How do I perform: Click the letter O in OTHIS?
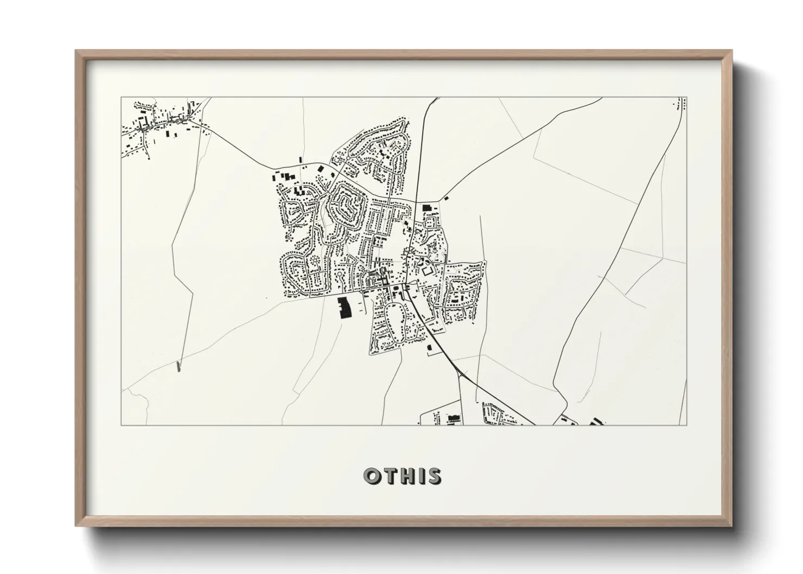(373, 476)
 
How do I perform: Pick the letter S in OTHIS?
(434, 476)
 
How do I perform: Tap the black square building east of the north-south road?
(426, 207)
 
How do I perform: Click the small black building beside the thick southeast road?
(430, 347)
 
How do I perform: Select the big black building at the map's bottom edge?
(453, 418)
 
